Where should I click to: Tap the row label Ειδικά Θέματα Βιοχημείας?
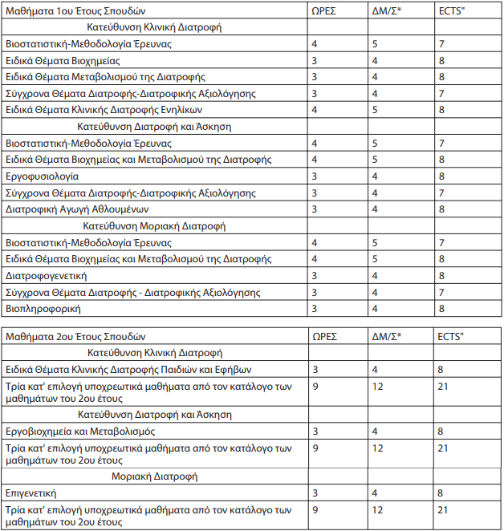[x=63, y=60]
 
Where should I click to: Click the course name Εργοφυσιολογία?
[x=42, y=176]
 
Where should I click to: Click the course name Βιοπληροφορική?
[x=43, y=308]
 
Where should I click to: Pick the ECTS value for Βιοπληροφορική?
[x=441, y=308]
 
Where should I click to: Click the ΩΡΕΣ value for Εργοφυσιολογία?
[x=315, y=176]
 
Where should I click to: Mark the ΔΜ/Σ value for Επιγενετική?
[x=376, y=492]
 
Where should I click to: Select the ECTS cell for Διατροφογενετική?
[x=441, y=275]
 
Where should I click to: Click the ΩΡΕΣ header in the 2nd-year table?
[x=326, y=336]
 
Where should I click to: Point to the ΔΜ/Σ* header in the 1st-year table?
[x=387, y=11]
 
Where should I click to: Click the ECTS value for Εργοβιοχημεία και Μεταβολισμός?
[x=441, y=431]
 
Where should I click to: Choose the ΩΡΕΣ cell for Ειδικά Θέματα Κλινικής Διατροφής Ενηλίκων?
[x=315, y=109]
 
